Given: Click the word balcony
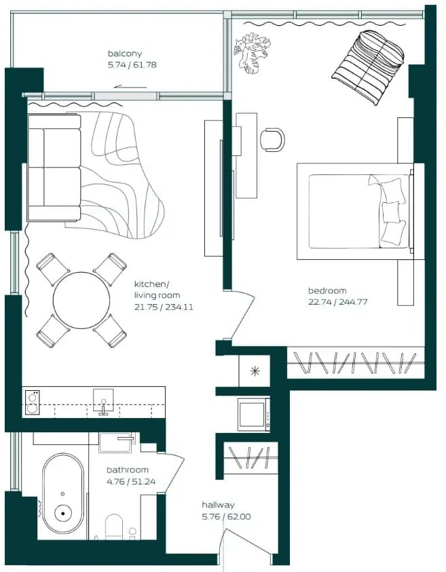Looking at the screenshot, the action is click(124, 54).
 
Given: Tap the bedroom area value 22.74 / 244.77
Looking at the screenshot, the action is click(337, 302).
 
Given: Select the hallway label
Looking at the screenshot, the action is click(218, 505).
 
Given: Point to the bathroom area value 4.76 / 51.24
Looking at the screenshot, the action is click(131, 482).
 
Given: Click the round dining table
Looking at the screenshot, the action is click(81, 300).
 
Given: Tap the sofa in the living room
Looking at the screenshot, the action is click(54, 168).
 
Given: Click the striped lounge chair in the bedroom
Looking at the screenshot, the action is click(368, 67).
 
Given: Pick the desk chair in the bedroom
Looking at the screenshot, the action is click(272, 139).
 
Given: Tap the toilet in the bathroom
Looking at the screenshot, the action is click(114, 527).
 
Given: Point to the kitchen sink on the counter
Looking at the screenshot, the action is click(103, 401).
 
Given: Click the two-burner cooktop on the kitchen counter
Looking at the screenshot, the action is click(32, 402).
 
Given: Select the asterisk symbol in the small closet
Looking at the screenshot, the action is click(255, 371).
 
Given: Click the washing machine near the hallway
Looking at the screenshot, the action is click(254, 415).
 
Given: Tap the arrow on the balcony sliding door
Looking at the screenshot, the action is click(130, 87).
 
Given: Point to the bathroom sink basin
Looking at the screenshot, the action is click(116, 442).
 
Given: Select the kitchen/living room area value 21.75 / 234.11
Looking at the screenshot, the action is click(164, 307).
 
